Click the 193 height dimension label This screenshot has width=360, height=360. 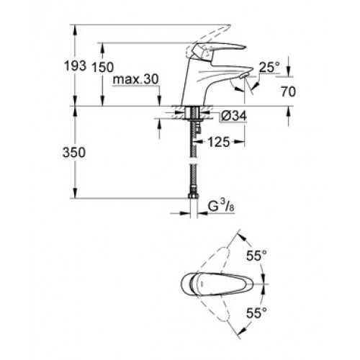click(x=75, y=66)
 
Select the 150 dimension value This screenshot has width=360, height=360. click(x=103, y=67)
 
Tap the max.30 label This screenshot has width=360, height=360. click(x=136, y=79)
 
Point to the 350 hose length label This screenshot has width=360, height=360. click(x=74, y=153)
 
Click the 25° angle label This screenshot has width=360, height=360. click(x=269, y=67)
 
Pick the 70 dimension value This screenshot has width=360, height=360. click(x=288, y=91)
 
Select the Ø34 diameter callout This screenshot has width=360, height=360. click(x=234, y=117)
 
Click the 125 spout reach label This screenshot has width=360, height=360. click(x=219, y=142)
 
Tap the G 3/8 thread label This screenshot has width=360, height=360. click(x=221, y=206)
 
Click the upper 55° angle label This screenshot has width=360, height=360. click(x=256, y=256)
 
